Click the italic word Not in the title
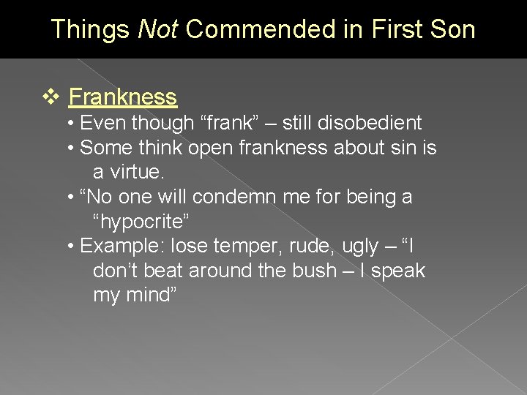(x=157, y=30)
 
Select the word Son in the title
(x=453, y=30)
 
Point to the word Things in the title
(x=91, y=30)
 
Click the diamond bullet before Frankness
(x=51, y=97)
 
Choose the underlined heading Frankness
(x=123, y=97)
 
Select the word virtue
(x=140, y=172)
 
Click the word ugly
(x=360, y=246)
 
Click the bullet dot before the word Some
(x=70, y=148)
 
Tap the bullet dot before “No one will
(x=70, y=197)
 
